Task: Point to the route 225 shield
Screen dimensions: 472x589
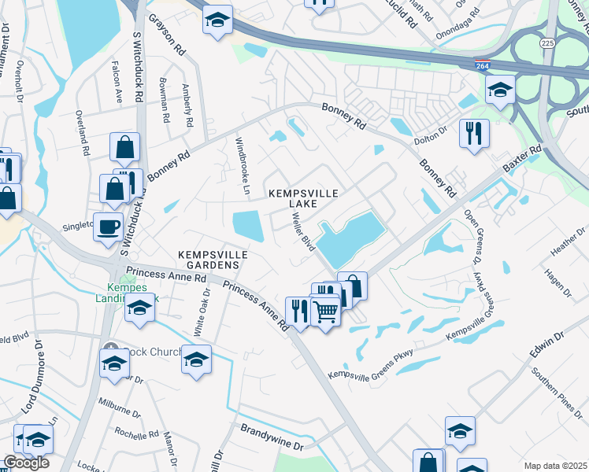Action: click(548, 43)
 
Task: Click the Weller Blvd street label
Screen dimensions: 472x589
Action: click(301, 230)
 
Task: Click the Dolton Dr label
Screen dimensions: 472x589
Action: click(432, 131)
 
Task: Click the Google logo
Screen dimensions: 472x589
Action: click(26, 463)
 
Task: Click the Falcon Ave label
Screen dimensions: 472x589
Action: click(120, 87)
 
